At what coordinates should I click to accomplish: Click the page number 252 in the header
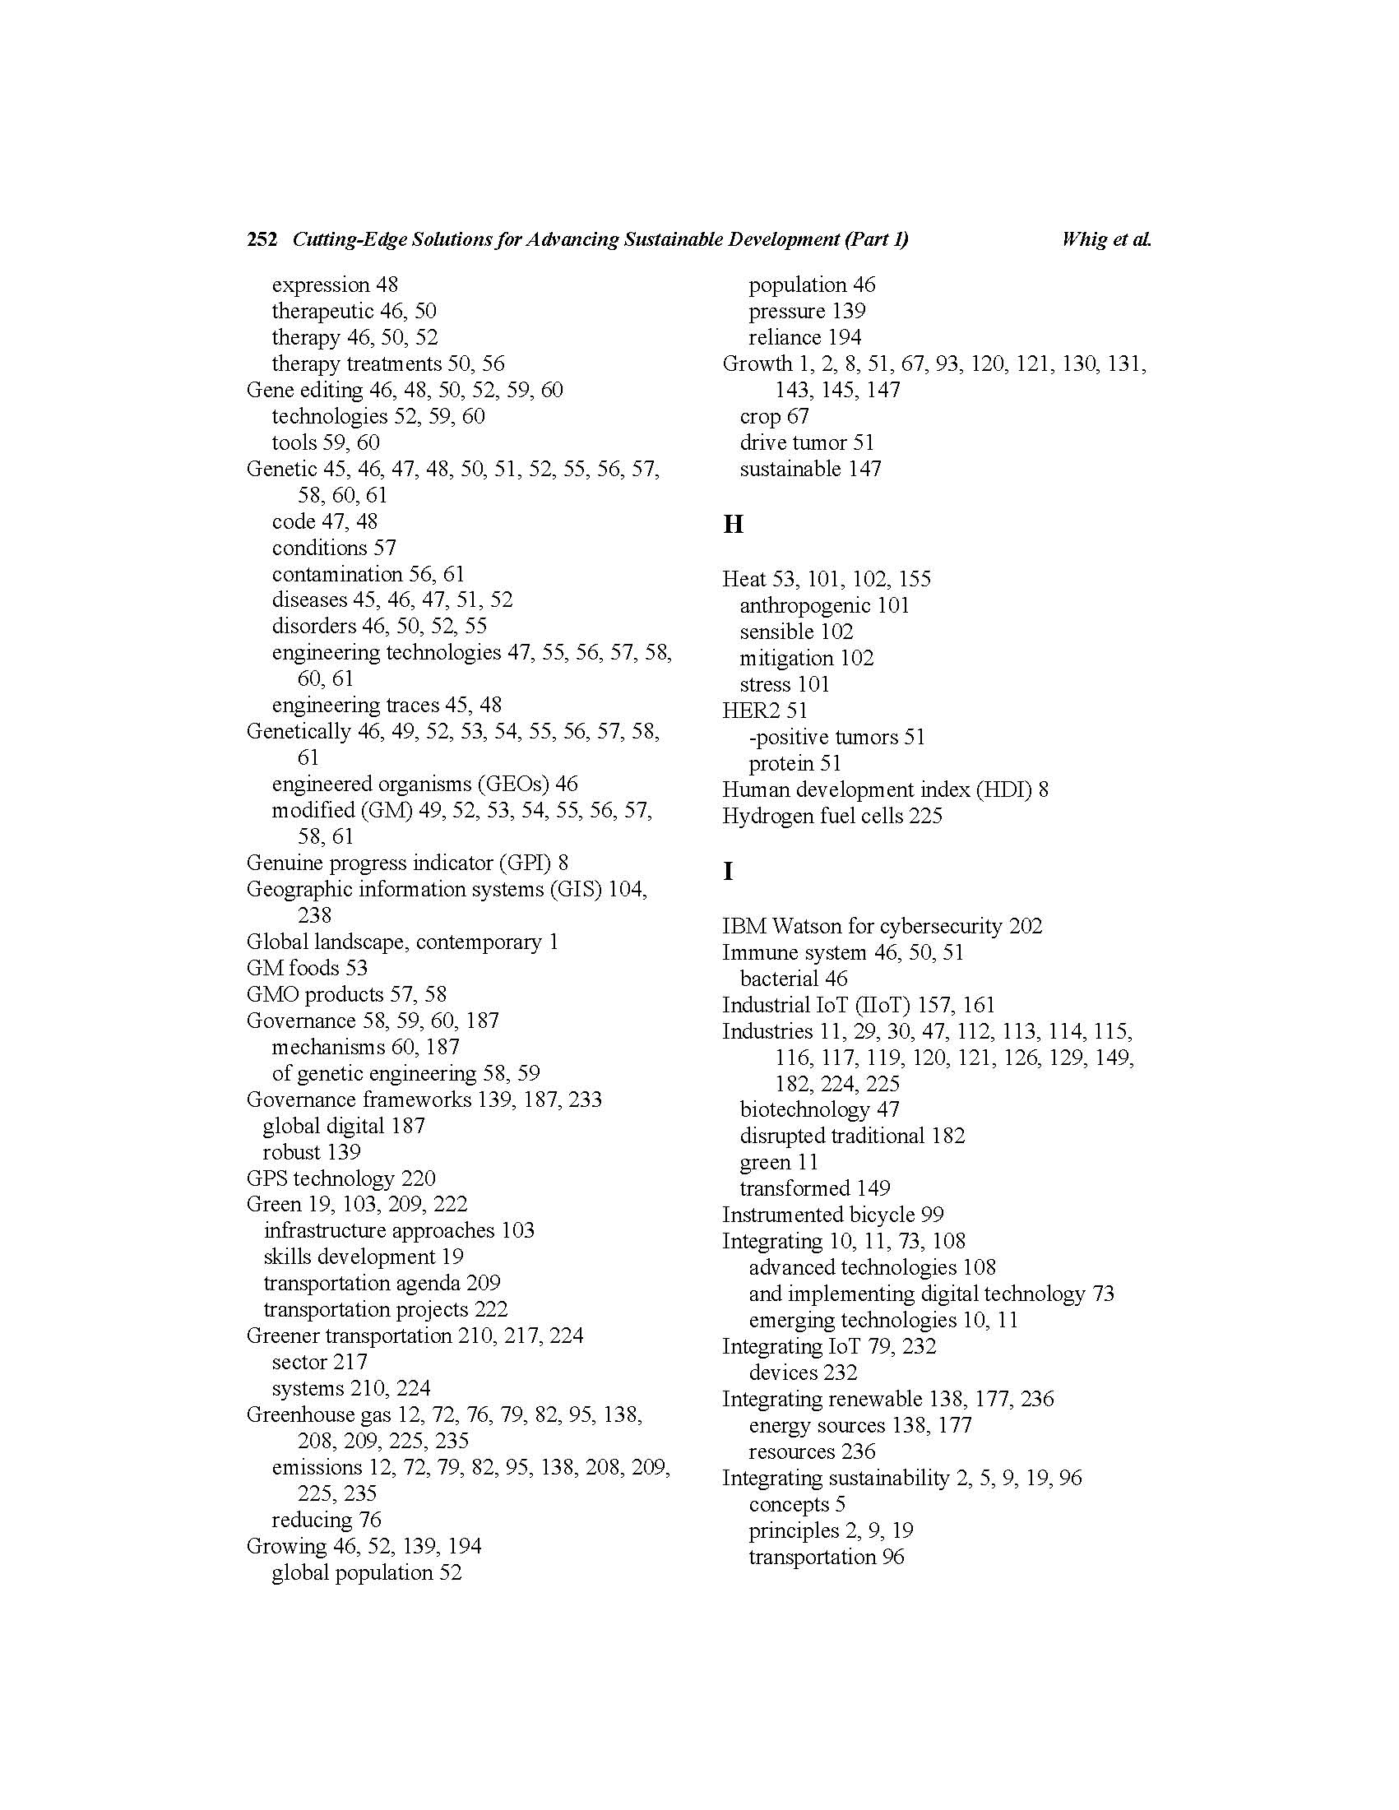pyautogui.click(x=261, y=239)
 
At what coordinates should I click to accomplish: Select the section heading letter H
pyautogui.click(x=733, y=524)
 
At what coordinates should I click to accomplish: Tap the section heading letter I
pyautogui.click(x=728, y=871)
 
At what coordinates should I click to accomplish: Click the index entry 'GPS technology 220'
pyautogui.click(x=340, y=1178)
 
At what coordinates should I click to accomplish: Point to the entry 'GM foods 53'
pyautogui.click(x=307, y=967)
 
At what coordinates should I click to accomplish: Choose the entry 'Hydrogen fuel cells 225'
pyautogui.click(x=832, y=816)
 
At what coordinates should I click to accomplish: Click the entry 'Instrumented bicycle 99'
pyautogui.click(x=832, y=1214)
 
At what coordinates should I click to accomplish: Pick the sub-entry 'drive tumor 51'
pyautogui.click(x=806, y=442)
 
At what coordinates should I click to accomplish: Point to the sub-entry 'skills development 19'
pyautogui.click(x=363, y=1257)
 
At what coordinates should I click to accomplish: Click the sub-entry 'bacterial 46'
pyautogui.click(x=793, y=978)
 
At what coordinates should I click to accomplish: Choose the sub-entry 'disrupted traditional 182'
pyautogui.click(x=852, y=1136)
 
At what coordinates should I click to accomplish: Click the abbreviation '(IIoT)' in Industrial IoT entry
pyautogui.click(x=878, y=1004)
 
